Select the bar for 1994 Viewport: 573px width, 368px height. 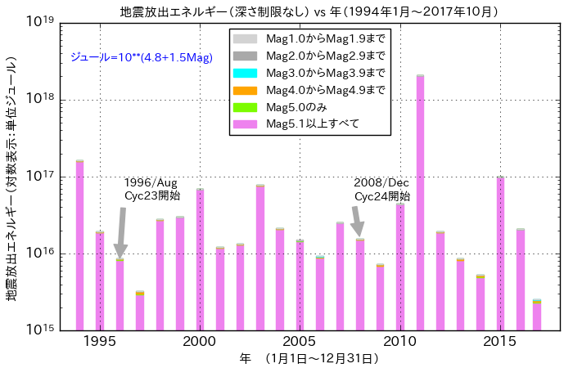pos(79,245)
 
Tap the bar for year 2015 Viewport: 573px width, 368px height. pos(500,254)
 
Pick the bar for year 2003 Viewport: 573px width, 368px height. pos(260,258)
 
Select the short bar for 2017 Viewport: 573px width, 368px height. pos(537,315)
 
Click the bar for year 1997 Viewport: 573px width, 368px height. pos(140,311)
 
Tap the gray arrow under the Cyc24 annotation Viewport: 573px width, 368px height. pos(357,222)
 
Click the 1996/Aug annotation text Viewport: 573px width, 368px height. pos(151,182)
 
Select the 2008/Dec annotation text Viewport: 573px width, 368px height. pos(381,182)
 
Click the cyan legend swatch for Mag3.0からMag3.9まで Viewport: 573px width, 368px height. pos(246,73)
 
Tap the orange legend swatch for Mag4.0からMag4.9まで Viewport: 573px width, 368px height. pos(246,90)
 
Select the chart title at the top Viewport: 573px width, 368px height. pos(309,11)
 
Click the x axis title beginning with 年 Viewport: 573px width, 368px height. pos(309,358)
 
